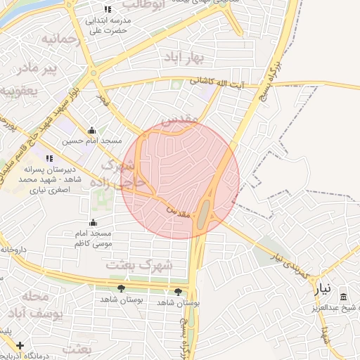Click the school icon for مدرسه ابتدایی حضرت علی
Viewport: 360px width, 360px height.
tap(107, 9)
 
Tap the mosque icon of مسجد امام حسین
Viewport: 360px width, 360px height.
tap(91, 130)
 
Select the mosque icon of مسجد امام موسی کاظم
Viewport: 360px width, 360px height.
tap(94, 223)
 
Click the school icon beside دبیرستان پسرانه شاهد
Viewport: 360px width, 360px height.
tap(49, 159)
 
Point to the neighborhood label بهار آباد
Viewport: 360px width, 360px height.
tap(180, 56)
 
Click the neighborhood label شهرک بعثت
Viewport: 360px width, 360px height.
tap(139, 265)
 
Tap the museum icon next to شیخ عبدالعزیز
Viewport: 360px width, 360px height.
tap(343, 298)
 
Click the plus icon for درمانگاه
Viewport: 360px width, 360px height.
tap(20, 345)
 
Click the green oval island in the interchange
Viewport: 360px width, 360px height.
tap(203, 213)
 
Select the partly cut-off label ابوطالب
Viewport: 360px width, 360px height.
tap(162, 4)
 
